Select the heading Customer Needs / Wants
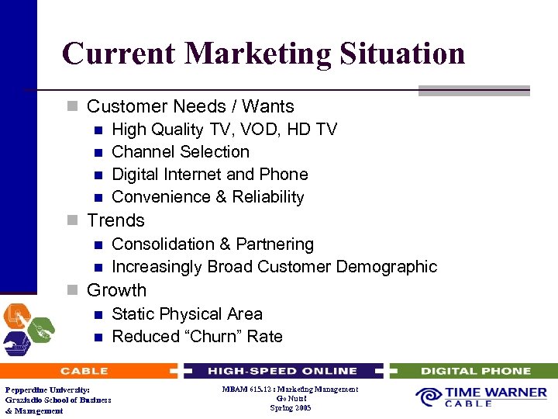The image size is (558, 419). pyautogui.click(x=190, y=106)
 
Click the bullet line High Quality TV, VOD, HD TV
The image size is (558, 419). pyautogui.click(x=224, y=130)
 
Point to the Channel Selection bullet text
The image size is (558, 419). pyautogui.click(x=181, y=152)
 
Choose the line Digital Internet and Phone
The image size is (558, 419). pyautogui.click(x=210, y=175)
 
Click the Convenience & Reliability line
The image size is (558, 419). pyautogui.click(x=208, y=197)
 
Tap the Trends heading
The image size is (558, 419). pyautogui.click(x=115, y=220)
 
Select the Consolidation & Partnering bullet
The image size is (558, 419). pyautogui.click(x=212, y=244)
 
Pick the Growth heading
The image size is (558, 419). pyautogui.click(x=116, y=290)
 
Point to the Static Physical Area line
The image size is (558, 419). pyautogui.click(x=187, y=314)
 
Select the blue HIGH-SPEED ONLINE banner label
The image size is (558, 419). pyautogui.click(x=282, y=371)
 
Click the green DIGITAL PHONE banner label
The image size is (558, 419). pyautogui.click(x=476, y=371)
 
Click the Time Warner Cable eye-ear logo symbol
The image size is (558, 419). pyautogui.click(x=429, y=397)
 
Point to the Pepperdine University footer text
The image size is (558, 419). pyautogui.click(x=47, y=390)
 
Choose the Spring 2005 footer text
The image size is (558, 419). pyautogui.click(x=290, y=407)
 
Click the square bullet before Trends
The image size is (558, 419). pyautogui.click(x=72, y=221)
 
